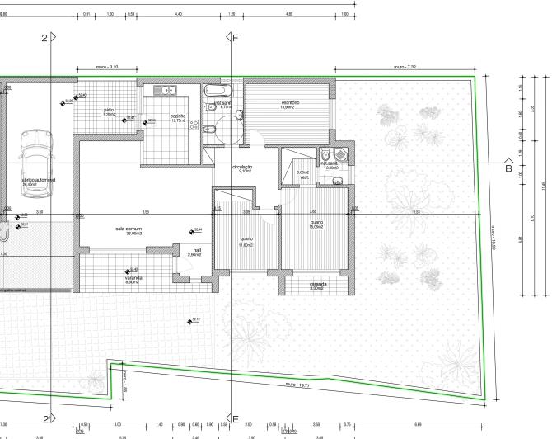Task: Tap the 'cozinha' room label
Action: [178, 116]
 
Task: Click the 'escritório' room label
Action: [289, 102]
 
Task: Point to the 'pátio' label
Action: [109, 110]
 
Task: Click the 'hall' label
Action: [197, 250]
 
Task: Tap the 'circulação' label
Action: [242, 168]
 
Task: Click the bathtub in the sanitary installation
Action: [221, 89]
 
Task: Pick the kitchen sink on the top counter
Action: [167, 89]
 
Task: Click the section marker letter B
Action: [508, 168]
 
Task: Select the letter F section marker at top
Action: [236, 38]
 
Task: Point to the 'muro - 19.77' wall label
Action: [297, 385]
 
